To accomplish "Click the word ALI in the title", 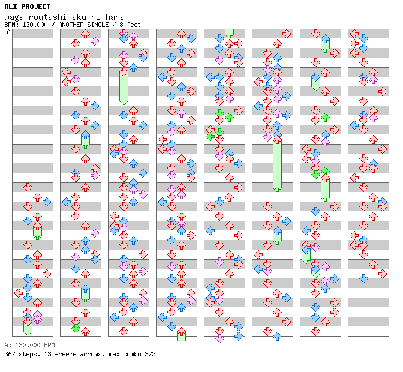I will pyautogui.click(x=11, y=7).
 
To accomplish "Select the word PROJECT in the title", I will pyautogui.click(x=35, y=7).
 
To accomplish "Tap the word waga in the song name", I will pyautogui.click(x=13, y=17).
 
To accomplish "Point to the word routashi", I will pyautogui.click(x=42, y=17).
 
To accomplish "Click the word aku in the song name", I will pyautogui.click(x=71, y=17).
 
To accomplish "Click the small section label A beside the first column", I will pyautogui.click(x=8, y=32).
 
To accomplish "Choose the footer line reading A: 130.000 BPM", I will pyautogui.click(x=29, y=346).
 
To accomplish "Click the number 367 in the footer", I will pyautogui.click(x=10, y=354).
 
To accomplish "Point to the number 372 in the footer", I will pyautogui.click(x=150, y=354).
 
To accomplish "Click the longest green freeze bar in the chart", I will pyautogui.click(x=277, y=165).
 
